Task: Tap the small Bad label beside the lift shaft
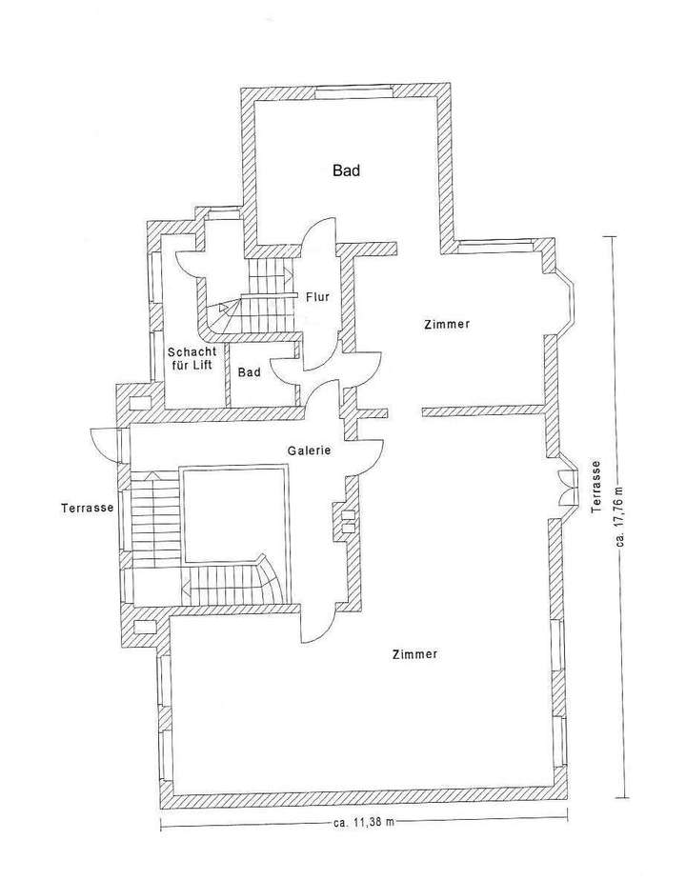click(x=249, y=372)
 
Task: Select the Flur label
click(x=317, y=297)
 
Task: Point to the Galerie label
click(x=309, y=450)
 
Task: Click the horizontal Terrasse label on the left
click(x=86, y=508)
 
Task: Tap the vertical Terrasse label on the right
click(x=595, y=487)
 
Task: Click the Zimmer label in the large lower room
click(x=414, y=654)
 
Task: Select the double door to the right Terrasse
click(x=568, y=486)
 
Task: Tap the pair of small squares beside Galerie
click(x=348, y=520)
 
